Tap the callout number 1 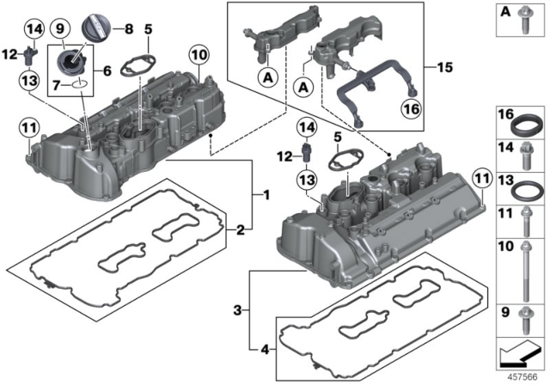click(266, 197)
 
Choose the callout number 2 click(242, 229)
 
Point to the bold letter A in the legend click(504, 10)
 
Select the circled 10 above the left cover click(199, 56)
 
